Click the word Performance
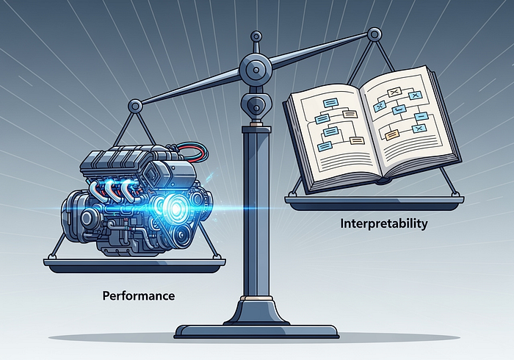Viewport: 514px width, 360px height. click(139, 296)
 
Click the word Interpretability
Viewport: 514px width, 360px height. click(384, 224)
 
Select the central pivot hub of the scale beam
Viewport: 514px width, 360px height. click(255, 69)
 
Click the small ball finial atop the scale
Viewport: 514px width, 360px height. click(256, 37)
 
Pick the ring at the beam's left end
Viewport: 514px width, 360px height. click(136, 106)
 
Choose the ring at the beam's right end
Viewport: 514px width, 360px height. click(374, 34)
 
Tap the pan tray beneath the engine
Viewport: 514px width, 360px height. click(134, 265)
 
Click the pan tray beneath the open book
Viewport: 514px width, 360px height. click(374, 204)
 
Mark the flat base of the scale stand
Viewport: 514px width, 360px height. click(256, 331)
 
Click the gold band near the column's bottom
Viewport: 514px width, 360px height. click(256, 298)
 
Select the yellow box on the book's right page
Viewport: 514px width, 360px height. click(392, 134)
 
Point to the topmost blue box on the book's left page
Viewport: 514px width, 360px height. click(330, 104)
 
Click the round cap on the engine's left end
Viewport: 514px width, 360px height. click(87, 218)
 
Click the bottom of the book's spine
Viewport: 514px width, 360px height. click(384, 180)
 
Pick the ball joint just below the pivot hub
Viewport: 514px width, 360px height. click(256, 105)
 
